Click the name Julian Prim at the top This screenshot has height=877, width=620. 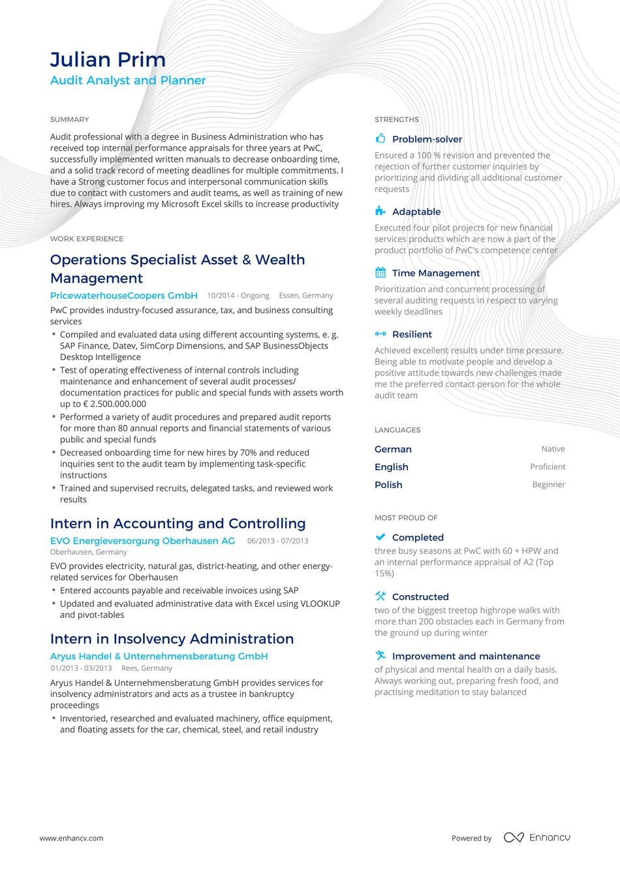pyautogui.click(x=108, y=60)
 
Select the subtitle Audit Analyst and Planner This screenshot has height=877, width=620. pyautogui.click(x=128, y=80)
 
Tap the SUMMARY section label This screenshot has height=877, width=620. pyautogui.click(x=69, y=119)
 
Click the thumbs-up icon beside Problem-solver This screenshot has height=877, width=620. pyautogui.click(x=380, y=138)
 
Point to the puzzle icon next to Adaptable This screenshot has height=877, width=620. pyautogui.click(x=380, y=211)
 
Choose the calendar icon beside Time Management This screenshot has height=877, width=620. pyautogui.click(x=380, y=272)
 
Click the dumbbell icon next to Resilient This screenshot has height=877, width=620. pyautogui.click(x=380, y=333)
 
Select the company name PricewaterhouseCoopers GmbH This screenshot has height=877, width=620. pyautogui.click(x=123, y=295)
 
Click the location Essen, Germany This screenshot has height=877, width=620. pyautogui.click(x=305, y=296)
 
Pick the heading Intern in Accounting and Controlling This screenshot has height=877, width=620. pyautogui.click(x=178, y=523)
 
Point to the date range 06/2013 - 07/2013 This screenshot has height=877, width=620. pyautogui.click(x=277, y=541)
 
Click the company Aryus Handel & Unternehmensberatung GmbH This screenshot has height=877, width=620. pyautogui.click(x=159, y=656)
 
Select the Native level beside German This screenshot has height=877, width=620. pyautogui.click(x=553, y=449)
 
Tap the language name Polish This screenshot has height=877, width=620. pyautogui.click(x=388, y=485)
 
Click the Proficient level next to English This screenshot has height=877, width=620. pyautogui.click(x=548, y=467)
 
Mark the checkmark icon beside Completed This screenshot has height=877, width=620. pyautogui.click(x=380, y=536)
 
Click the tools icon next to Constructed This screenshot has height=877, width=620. pyautogui.click(x=380, y=596)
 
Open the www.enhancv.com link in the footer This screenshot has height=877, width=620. pyautogui.click(x=71, y=838)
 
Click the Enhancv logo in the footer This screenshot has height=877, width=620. pyautogui.click(x=536, y=837)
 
